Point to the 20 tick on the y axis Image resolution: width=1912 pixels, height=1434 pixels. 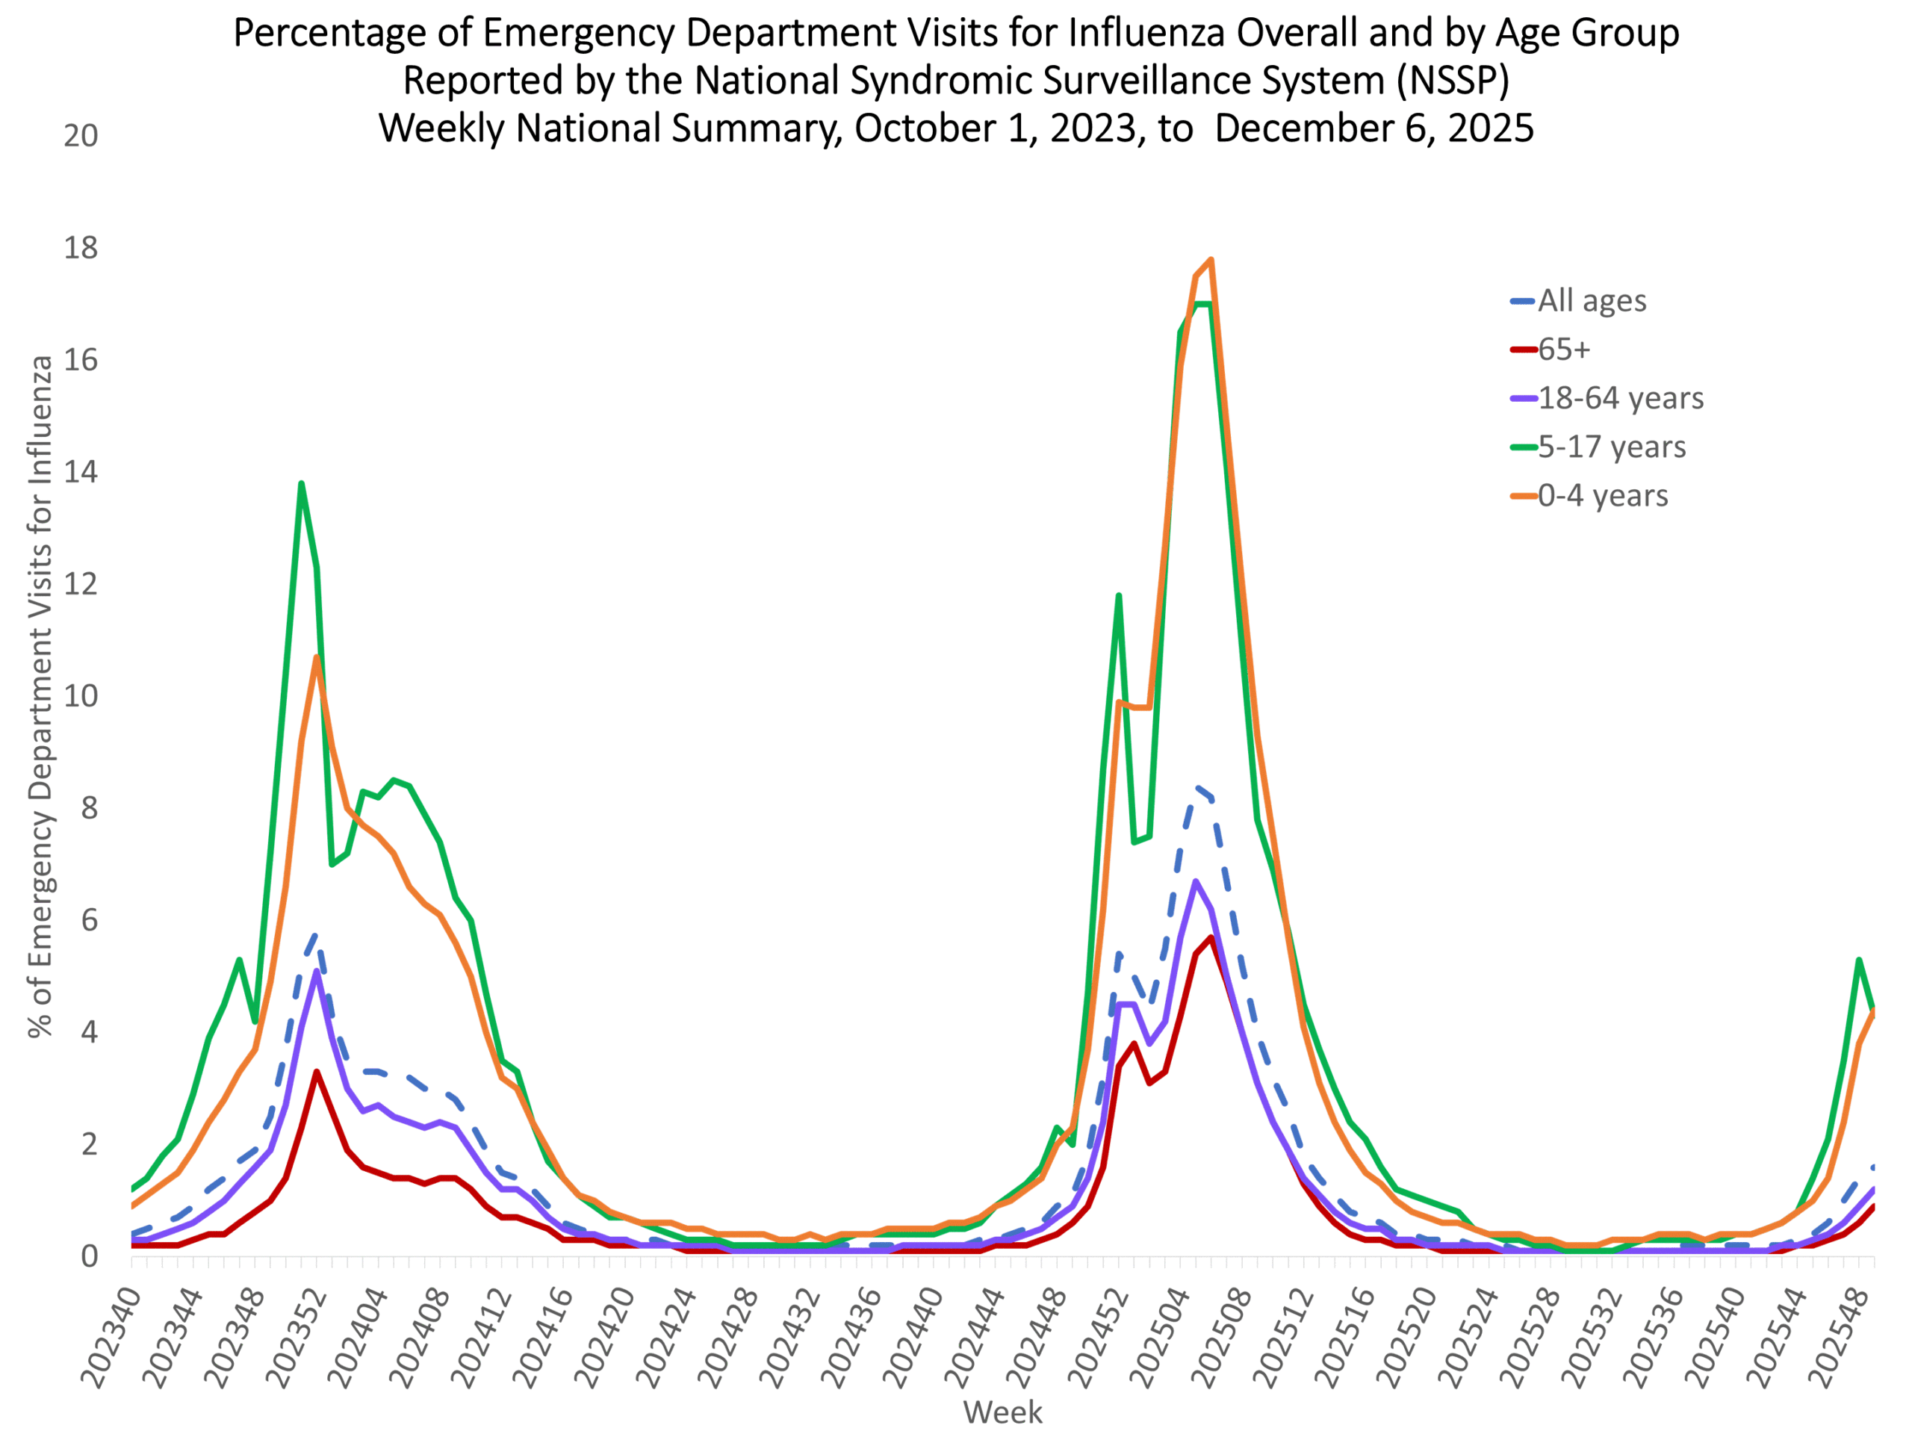[x=81, y=136]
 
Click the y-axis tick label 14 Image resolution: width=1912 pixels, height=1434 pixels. [x=81, y=472]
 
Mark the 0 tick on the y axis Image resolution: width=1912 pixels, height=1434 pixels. [x=89, y=1256]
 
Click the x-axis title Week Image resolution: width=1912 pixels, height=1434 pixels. [x=1002, y=1412]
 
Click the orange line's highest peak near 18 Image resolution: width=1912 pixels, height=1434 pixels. [x=1211, y=259]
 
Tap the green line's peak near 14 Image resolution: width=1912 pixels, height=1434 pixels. [x=301, y=483]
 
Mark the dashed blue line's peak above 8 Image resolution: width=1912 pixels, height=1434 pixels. [x=1197, y=787]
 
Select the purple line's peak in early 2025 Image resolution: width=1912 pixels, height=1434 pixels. [x=1196, y=881]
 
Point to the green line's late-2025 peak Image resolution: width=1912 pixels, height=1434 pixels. [x=1858, y=960]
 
